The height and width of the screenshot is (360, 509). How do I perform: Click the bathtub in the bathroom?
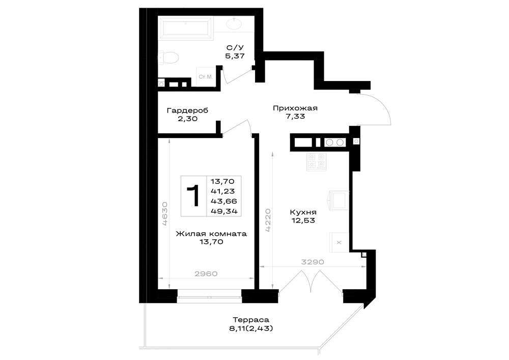pos(185,28)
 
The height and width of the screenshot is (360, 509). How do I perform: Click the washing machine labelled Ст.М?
pos(205,77)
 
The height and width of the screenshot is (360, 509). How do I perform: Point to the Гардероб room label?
pos(187,110)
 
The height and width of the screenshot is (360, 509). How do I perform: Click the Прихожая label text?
pos(295,108)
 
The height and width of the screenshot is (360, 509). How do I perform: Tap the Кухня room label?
pos(303,212)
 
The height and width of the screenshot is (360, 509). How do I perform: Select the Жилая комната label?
pos(211,234)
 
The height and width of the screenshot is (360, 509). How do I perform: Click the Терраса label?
pos(251,320)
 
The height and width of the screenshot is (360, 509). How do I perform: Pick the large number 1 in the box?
pos(193,196)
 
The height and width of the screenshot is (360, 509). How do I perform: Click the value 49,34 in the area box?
pos(224,211)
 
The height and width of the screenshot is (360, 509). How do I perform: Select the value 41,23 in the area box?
pos(223,191)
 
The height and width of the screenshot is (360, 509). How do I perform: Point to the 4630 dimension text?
pos(165,213)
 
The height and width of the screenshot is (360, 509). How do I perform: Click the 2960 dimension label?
pos(206,273)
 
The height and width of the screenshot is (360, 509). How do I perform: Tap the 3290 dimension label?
pos(313,262)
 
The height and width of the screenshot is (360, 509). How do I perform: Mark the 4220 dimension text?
pos(268,220)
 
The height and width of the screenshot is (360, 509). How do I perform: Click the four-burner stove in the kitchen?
pos(317,161)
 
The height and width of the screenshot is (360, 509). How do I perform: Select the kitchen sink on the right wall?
pos(339,200)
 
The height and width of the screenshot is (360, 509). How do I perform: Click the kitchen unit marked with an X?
pos(339,242)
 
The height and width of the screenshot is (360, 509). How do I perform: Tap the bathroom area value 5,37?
pos(235,56)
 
